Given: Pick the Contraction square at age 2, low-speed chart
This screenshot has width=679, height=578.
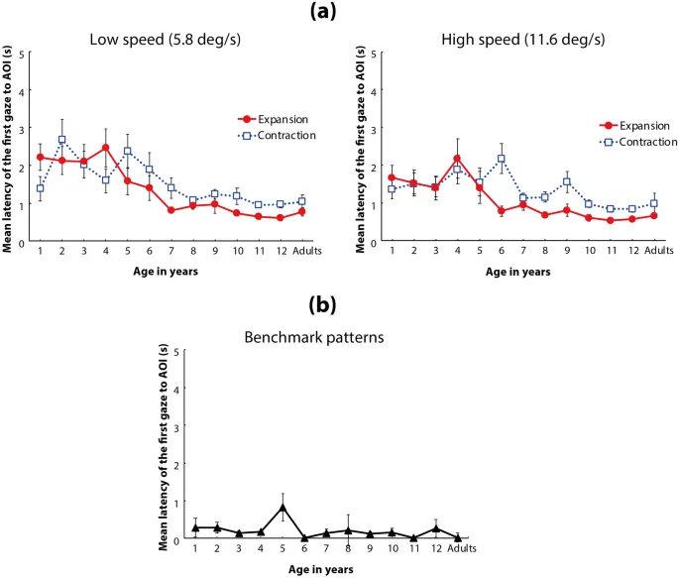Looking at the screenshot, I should coord(61,140).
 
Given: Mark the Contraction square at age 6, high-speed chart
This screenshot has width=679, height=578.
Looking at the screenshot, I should coord(502,159).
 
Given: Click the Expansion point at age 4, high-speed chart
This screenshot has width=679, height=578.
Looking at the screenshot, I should coord(457,159).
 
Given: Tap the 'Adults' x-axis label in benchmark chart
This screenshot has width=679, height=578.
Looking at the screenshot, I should coord(458,550).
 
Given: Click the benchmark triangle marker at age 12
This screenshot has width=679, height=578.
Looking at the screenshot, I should coord(435,528).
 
